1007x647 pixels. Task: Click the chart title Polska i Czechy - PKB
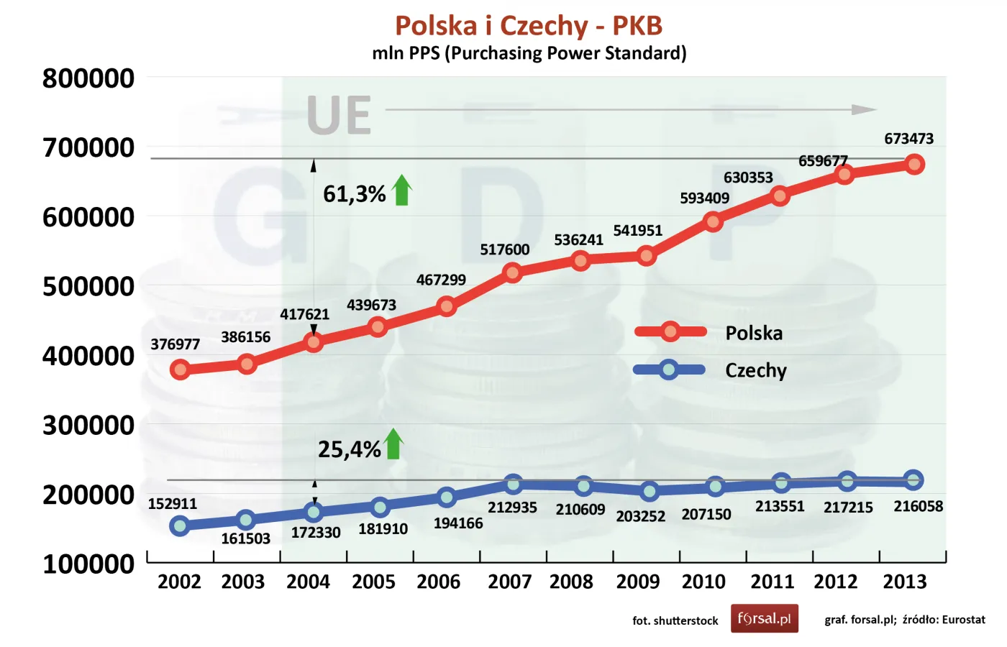[529, 26]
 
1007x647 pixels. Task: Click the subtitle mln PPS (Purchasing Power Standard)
[529, 53]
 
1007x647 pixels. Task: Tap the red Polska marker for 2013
[914, 164]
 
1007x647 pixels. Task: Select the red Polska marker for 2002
[180, 370]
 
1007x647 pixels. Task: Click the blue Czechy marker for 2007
[513, 484]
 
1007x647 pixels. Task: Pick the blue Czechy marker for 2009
[649, 491]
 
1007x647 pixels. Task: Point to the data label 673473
[908, 139]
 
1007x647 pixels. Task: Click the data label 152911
[173, 504]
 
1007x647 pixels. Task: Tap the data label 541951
[637, 231]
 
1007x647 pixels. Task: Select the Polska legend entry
[754, 333]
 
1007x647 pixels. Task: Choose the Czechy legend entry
[755, 370]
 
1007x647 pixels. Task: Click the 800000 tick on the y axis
[88, 78]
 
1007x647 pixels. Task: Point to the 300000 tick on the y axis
[88, 426]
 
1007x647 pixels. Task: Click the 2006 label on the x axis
[438, 582]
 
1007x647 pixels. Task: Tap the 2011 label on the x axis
[772, 582]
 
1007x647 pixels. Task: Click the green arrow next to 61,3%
[402, 191]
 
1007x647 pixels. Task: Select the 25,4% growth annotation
[349, 449]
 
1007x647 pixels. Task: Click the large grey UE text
[339, 115]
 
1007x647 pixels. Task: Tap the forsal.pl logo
[764, 618]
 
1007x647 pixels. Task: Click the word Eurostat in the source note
[963, 620]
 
